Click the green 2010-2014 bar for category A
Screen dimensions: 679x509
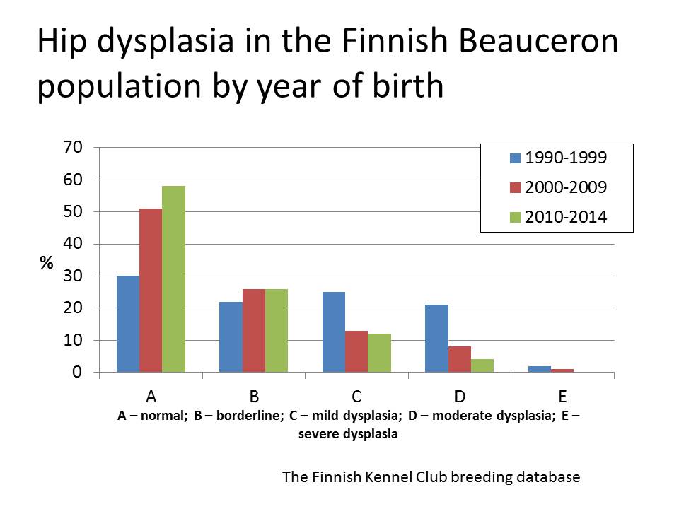coord(174,279)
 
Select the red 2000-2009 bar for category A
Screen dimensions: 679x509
coord(151,290)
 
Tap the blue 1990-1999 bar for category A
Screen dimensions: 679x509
coord(128,324)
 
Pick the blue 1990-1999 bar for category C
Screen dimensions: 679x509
coord(334,332)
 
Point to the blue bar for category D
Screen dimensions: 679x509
coord(437,339)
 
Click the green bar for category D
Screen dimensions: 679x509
coord(482,365)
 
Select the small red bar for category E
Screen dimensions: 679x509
coord(562,370)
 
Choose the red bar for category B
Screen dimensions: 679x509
coord(254,330)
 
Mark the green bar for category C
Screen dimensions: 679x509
coord(379,353)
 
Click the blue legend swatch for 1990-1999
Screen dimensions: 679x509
coord(515,158)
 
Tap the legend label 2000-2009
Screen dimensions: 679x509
coord(566,187)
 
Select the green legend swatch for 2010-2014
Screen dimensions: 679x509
coord(515,217)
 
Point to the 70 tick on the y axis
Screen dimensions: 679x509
coord(73,147)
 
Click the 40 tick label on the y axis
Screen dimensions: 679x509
coord(73,244)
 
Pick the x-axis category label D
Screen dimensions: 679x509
coord(460,396)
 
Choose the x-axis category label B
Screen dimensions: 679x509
coord(254,396)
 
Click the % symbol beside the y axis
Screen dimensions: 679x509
coord(47,262)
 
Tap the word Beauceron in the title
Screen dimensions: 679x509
coord(538,41)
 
